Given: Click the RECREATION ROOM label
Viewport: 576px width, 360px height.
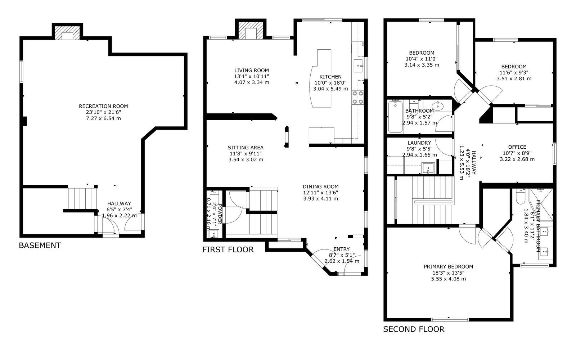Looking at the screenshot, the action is click(x=103, y=106).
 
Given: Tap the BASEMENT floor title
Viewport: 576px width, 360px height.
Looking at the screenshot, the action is click(x=40, y=246).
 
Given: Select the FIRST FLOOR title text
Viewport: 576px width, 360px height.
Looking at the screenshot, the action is click(x=228, y=250).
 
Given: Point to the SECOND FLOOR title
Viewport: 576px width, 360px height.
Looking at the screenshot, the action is click(x=414, y=329).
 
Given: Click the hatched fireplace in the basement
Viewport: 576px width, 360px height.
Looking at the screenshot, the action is click(x=67, y=32).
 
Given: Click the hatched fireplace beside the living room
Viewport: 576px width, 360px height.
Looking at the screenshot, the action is click(x=251, y=30).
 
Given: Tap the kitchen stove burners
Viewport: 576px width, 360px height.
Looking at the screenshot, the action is click(x=358, y=98).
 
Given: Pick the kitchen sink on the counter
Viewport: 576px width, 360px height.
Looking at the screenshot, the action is click(x=358, y=66).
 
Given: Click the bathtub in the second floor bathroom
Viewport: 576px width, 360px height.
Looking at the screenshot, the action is click(x=395, y=117).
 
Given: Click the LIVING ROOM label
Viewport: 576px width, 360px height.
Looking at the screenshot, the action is click(x=252, y=71).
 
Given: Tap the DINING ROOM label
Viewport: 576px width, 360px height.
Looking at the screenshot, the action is click(x=321, y=187).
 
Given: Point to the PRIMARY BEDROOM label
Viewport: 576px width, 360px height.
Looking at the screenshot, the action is click(x=449, y=267).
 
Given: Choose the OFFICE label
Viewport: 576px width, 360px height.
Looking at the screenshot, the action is click(x=517, y=147).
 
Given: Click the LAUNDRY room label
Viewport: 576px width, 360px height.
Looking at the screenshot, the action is click(x=419, y=143).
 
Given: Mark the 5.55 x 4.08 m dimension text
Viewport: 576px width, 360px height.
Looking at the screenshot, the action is click(x=449, y=279).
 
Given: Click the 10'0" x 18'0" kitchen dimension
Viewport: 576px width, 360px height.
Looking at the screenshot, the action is click(x=330, y=83).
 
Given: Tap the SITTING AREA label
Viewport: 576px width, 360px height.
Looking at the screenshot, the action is click(x=246, y=148).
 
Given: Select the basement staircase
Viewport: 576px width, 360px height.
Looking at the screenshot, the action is click(x=82, y=198).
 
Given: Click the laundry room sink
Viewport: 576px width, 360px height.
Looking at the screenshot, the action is click(x=428, y=168).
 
